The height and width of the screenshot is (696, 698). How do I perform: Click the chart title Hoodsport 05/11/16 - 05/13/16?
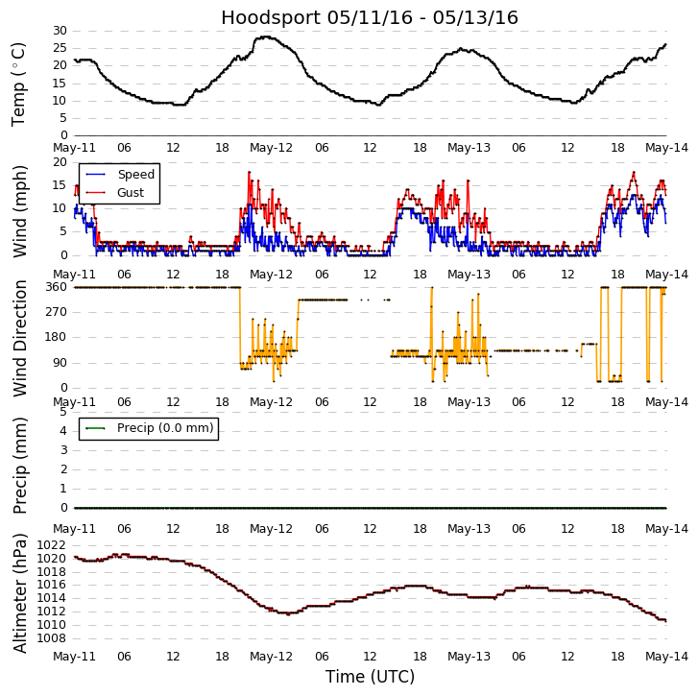point(370,17)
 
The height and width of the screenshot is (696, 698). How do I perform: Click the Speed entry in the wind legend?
point(135,175)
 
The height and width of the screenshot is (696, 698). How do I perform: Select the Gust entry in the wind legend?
point(132,192)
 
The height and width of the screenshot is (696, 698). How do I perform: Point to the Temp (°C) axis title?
point(19,84)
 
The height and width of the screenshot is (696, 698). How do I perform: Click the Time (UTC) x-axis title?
point(370,677)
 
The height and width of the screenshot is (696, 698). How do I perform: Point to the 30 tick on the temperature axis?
point(60,31)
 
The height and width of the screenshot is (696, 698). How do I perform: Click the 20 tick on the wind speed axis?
point(60,161)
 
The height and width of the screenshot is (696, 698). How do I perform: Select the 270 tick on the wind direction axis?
point(55,312)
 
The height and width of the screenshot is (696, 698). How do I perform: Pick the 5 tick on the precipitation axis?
point(62,411)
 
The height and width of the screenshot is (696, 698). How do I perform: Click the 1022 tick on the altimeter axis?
point(51,545)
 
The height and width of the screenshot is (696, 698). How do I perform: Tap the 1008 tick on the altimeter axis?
point(51,638)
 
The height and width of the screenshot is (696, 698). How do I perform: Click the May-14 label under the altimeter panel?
point(666,657)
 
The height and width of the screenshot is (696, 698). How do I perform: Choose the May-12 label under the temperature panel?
point(271,148)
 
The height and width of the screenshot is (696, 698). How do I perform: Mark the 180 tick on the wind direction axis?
point(55,337)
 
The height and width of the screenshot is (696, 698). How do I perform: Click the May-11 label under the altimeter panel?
point(74,657)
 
